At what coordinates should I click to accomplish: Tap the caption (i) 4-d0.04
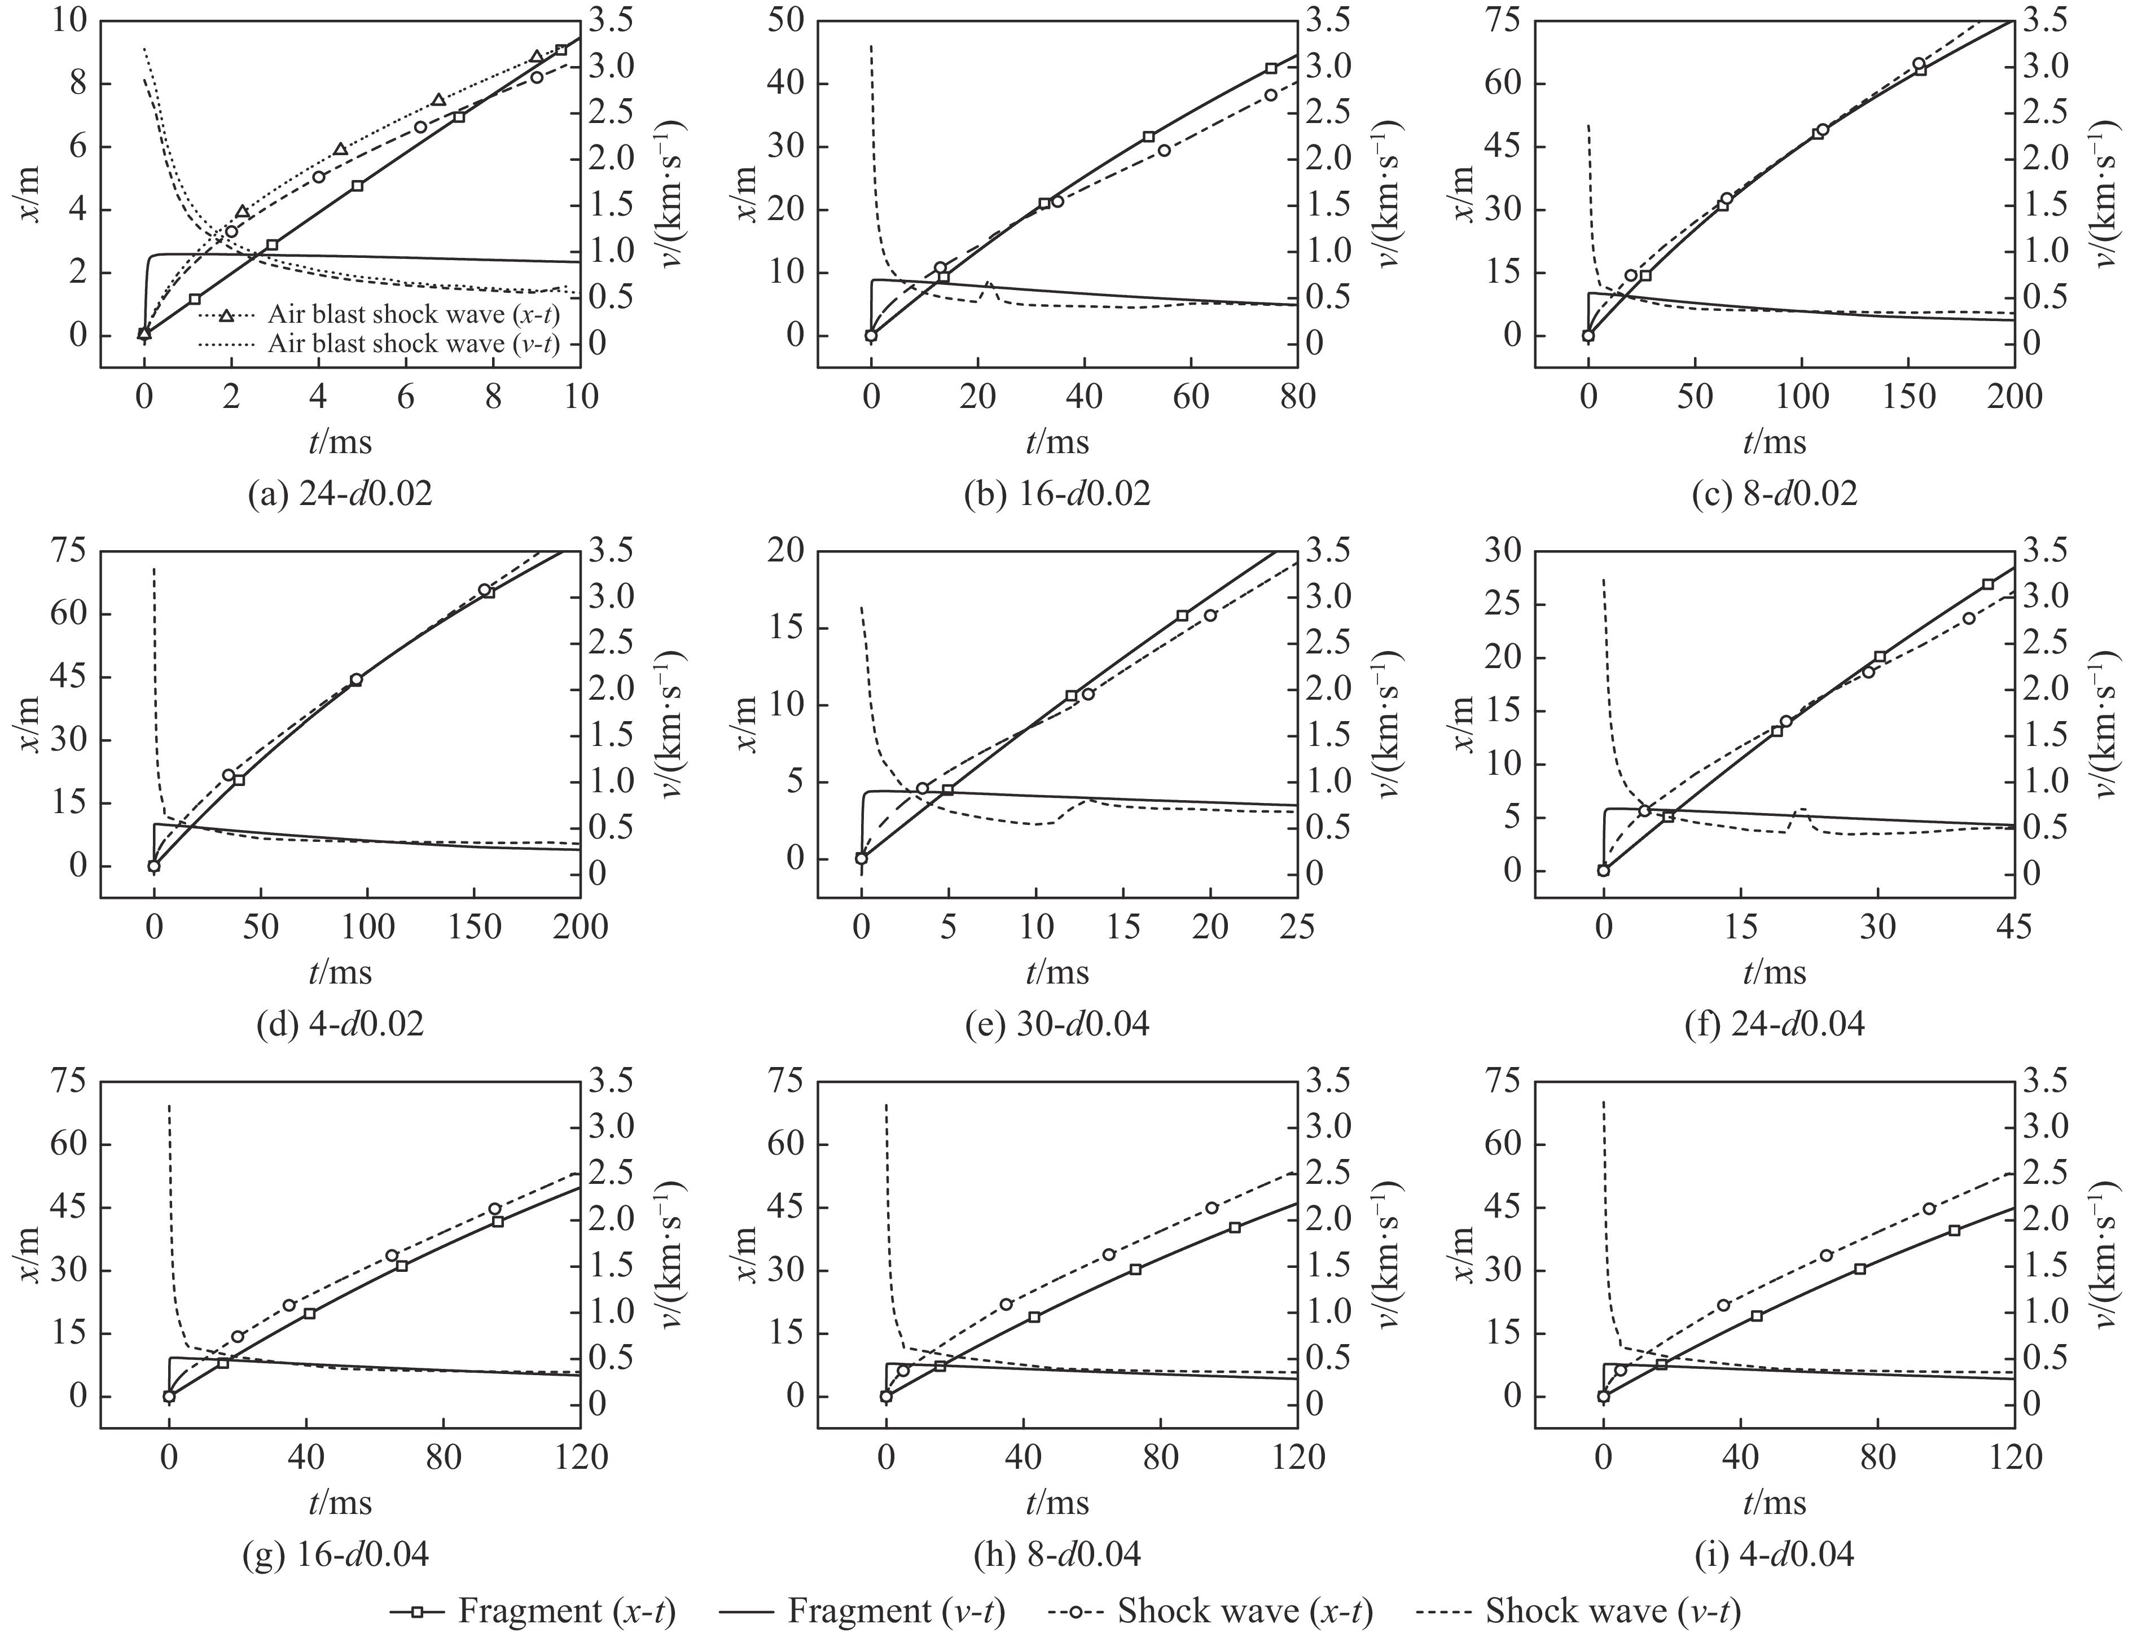coord(1774,1554)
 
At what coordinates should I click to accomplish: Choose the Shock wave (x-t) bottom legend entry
coord(1210,1610)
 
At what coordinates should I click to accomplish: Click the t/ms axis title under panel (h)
coord(1057,1503)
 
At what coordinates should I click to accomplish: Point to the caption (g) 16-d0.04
coord(335,1554)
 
